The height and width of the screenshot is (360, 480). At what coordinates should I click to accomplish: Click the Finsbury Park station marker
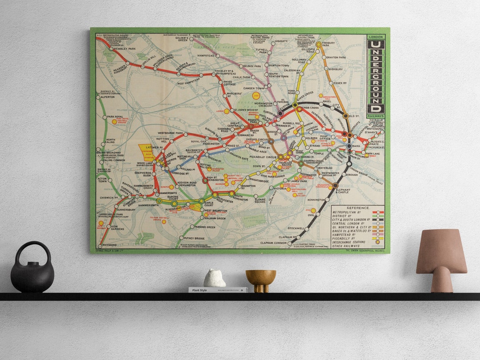click(318, 44)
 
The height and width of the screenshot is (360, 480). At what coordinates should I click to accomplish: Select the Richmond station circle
click(99, 244)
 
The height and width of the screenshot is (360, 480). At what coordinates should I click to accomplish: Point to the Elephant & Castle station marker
click(335, 185)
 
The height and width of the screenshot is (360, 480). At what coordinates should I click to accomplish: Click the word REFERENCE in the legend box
click(358, 208)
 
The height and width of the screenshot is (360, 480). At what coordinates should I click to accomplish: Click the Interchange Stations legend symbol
click(379, 242)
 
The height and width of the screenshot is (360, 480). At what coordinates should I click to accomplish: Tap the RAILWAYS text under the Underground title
click(376, 116)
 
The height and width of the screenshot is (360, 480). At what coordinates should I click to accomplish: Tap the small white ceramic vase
click(214, 278)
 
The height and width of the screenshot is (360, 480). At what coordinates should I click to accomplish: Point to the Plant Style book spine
click(217, 290)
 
